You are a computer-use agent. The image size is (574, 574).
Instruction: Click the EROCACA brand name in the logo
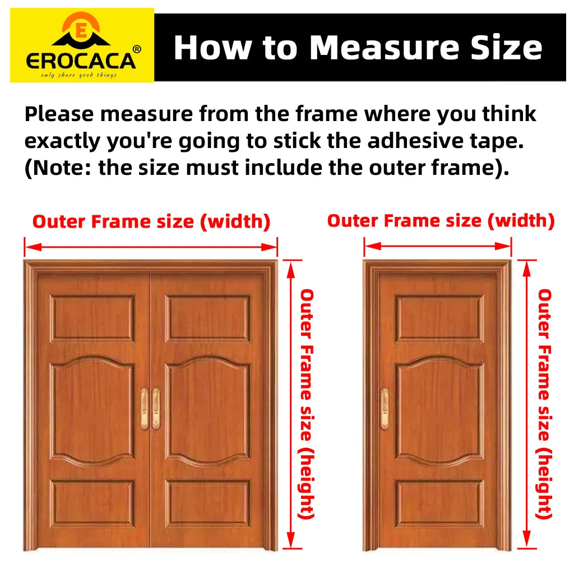[x=81, y=61]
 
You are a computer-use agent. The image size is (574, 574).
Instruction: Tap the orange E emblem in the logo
[x=81, y=30]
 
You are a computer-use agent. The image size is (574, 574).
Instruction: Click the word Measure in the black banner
[x=384, y=48]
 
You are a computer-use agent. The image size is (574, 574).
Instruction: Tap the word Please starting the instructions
[x=59, y=114]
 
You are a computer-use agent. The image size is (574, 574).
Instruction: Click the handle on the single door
[x=385, y=409]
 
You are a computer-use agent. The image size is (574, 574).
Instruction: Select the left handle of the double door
[x=145, y=409]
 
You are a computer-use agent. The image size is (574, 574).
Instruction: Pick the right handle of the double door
[x=156, y=409]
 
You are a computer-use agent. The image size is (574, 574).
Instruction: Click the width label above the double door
[x=151, y=222]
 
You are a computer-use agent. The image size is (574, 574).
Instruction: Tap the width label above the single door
[x=441, y=221]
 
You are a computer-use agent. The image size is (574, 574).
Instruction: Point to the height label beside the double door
[x=307, y=404]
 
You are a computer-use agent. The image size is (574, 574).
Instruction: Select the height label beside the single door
[x=544, y=404]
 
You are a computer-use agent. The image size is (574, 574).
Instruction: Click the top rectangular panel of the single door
[x=439, y=318]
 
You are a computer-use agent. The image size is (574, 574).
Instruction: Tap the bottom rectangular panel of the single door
[x=439, y=503]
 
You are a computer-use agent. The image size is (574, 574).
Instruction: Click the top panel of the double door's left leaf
[x=92, y=318]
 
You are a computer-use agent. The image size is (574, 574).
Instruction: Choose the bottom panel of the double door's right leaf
[x=207, y=503]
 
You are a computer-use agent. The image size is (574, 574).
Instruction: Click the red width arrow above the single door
[x=438, y=247]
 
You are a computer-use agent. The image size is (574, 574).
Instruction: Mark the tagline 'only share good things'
[x=78, y=75]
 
